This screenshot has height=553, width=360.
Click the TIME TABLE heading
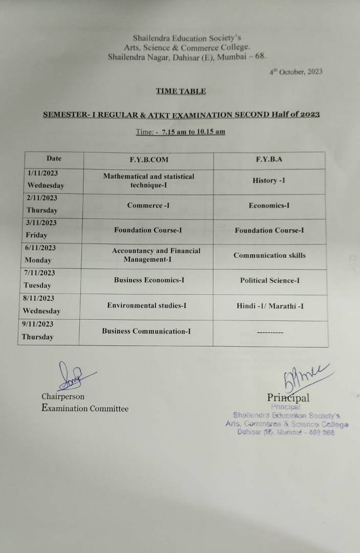pos(181,91)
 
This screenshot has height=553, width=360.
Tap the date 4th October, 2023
pos(296,72)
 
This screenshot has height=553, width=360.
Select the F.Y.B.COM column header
pos(149,159)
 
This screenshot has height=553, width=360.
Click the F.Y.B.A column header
pos(269,159)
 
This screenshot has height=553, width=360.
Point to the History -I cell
pos(269,181)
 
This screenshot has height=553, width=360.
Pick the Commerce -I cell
pos(149,206)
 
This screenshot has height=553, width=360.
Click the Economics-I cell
pos(269,206)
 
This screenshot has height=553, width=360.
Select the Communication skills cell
pos(269,255)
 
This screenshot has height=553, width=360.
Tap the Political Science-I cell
pos(270,280)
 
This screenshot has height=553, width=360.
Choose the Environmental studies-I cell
pos(146,305)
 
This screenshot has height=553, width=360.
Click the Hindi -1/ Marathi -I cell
pos(270,306)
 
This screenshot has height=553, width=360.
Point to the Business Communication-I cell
pos(146,331)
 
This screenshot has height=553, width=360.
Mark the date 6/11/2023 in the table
pos(40,248)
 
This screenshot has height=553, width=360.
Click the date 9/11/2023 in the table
pos(38,324)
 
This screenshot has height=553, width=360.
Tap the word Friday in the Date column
pos(36,235)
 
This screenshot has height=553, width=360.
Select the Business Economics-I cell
pos(149,280)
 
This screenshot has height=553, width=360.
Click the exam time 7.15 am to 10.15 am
pos(193,132)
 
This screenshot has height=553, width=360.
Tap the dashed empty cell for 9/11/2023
pos(270,333)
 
